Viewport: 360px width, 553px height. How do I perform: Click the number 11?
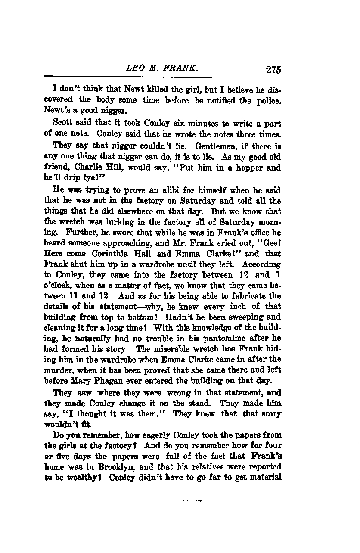(75, 296)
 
